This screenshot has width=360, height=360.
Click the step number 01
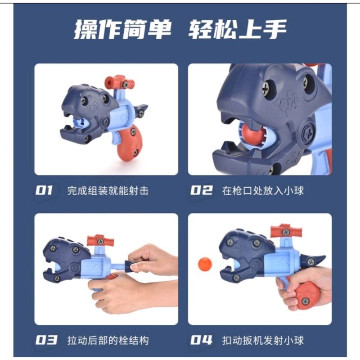44,190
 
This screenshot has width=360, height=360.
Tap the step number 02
201,190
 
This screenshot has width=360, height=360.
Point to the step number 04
201,340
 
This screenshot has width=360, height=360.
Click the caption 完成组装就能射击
108,191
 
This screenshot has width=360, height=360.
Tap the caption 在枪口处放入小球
263,191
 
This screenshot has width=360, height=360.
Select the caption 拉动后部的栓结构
108,341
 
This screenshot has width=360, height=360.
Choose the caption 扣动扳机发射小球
263,341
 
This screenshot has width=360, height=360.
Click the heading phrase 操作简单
122,29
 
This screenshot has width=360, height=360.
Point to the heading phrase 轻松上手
238,29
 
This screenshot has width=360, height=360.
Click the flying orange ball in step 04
205,264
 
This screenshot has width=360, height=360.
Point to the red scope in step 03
100,240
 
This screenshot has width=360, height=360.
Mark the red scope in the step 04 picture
286,231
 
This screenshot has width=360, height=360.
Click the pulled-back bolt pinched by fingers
130,265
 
